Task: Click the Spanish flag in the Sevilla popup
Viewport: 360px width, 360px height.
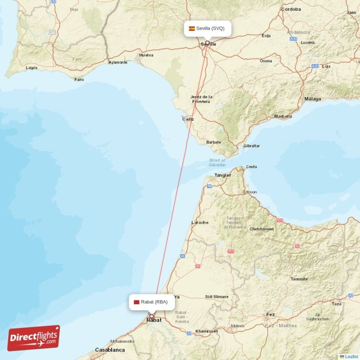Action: click(x=192, y=28)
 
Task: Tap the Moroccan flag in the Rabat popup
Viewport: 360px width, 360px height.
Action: click(x=136, y=302)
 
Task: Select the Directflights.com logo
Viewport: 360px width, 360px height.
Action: click(x=34, y=338)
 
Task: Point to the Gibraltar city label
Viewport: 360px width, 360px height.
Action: click(x=252, y=146)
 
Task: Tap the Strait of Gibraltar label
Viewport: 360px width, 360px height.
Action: click(x=217, y=162)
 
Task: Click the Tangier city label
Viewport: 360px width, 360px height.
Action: click(x=223, y=175)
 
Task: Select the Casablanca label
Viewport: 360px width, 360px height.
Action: click(x=110, y=350)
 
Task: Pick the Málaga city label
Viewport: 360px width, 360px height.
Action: click(x=313, y=99)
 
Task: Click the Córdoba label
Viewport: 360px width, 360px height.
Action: click(x=291, y=9)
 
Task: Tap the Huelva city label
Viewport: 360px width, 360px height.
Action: click(x=146, y=55)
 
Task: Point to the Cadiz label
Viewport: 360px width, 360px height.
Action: click(x=188, y=119)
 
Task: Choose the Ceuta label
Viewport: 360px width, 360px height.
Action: click(x=252, y=167)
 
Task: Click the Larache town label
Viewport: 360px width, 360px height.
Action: click(x=200, y=222)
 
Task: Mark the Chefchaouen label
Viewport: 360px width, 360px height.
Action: click(x=261, y=229)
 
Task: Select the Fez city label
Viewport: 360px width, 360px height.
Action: click(x=270, y=315)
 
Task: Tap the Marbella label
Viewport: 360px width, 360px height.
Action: click(x=283, y=116)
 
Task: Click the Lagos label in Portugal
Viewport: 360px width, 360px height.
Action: click(x=31, y=68)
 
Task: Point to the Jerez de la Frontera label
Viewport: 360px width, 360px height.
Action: click(x=201, y=99)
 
